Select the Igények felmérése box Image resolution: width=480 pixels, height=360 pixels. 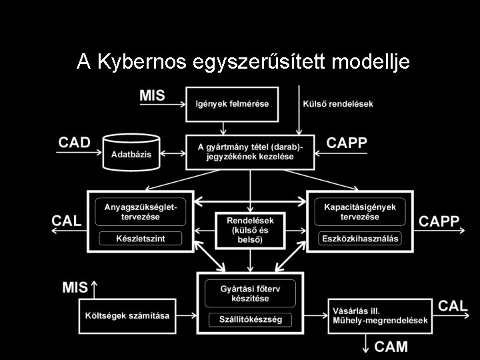click(231, 104)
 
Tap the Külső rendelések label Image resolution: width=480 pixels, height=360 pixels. click(338, 104)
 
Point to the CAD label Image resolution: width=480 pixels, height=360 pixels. click(74, 143)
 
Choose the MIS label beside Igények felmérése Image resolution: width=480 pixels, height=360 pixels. click(152, 95)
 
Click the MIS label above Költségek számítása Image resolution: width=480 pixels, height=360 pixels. click(75, 287)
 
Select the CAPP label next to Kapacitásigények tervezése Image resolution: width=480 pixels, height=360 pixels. click(439, 221)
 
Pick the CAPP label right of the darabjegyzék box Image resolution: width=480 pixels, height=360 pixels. click(347, 143)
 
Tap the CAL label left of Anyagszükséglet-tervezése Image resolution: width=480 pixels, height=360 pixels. click(67, 221)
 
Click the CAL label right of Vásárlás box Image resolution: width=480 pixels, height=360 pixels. click(453, 306)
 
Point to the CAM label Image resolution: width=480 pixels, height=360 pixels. click(391, 346)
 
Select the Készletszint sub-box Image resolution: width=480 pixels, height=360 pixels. click(141, 238)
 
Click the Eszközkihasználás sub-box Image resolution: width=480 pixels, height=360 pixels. click(361, 238)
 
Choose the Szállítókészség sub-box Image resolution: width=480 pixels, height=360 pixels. click(250, 319)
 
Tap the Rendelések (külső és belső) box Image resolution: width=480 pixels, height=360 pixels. click(250, 229)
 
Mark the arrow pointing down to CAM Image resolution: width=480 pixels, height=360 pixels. click(366, 343)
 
